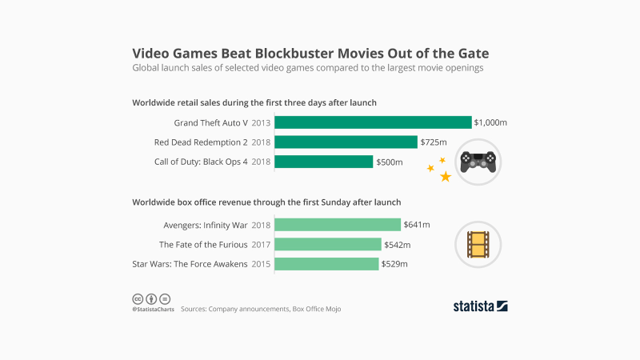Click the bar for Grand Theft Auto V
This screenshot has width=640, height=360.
(x=373, y=122)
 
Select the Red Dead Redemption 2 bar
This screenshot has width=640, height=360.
(x=346, y=142)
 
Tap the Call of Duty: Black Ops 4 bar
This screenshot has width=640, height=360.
(x=324, y=162)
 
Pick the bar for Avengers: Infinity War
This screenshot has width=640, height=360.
(x=338, y=225)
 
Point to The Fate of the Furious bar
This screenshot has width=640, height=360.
(x=328, y=244)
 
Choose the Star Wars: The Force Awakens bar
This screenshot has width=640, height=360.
(x=326, y=264)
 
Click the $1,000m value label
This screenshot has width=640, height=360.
(x=491, y=122)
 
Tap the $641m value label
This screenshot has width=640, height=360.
(x=417, y=225)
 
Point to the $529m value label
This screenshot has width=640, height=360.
(x=394, y=264)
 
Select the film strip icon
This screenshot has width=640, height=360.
(x=479, y=244)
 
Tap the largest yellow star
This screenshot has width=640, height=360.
(x=446, y=176)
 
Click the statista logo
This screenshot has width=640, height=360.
(x=480, y=306)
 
